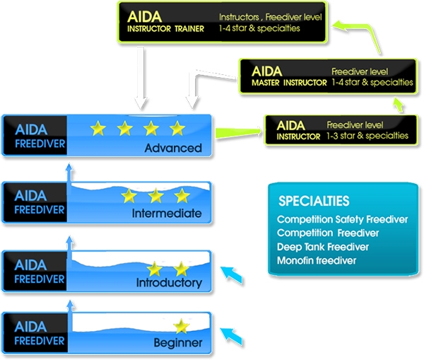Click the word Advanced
coord(172,149)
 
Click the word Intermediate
coord(167,214)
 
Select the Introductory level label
coord(169,283)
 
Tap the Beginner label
coord(178,344)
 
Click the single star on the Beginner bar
coord(182,325)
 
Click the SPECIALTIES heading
coord(314,201)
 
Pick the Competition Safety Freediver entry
coord(342,219)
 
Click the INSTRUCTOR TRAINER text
coord(165,29)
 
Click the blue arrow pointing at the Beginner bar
coord(232,334)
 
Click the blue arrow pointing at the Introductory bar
coord(232,274)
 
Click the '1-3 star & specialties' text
coord(367,135)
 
